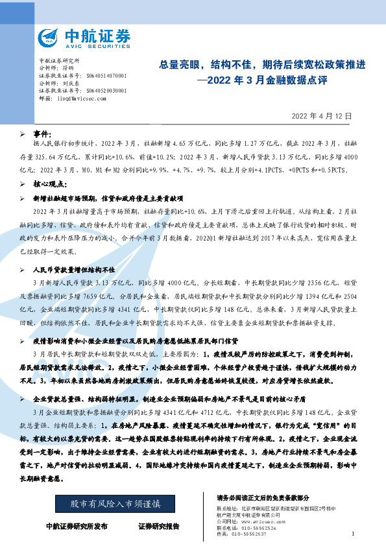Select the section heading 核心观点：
[x=51, y=184]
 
